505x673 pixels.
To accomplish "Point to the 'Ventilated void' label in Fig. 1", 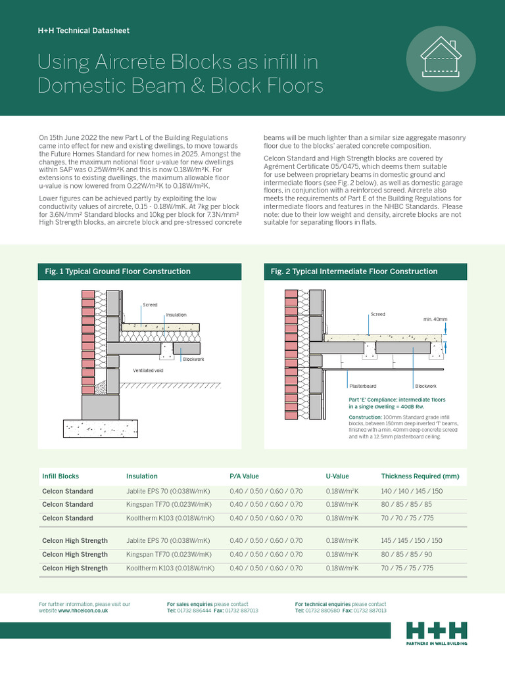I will point(147,371).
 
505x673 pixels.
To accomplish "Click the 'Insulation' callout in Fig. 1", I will point(176,315).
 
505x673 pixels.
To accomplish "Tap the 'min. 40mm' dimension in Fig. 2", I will point(435,320).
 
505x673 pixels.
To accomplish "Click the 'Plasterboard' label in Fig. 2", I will point(362,386).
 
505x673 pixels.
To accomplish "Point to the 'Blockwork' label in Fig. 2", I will point(425,386).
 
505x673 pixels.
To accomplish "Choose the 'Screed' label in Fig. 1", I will point(150,305).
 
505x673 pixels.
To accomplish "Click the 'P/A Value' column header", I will point(244,476).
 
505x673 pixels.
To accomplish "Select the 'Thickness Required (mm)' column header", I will point(420,476).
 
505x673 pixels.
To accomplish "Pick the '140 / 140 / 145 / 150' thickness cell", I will point(412,492).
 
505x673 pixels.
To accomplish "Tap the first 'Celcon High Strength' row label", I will point(74,541).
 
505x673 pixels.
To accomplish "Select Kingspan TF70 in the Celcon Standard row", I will point(168,505).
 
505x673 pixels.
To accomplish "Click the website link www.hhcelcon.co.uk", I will point(83,611).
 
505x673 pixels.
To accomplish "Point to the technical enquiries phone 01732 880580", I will point(322,611).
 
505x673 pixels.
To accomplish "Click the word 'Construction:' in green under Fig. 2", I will point(364,417).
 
